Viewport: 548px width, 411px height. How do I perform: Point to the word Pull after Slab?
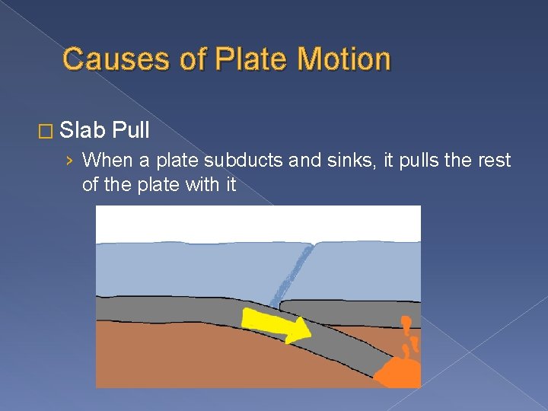pos(130,131)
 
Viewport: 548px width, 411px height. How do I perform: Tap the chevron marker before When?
pos(70,161)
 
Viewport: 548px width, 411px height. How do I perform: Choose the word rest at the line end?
pos(495,161)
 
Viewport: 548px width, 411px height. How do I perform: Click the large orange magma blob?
pos(399,373)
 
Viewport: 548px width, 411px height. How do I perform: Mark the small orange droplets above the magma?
pos(409,335)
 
